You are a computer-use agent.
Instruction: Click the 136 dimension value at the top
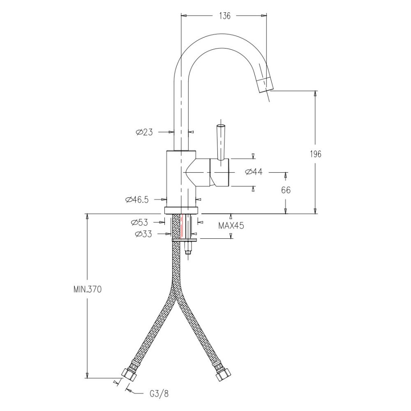click(225, 16)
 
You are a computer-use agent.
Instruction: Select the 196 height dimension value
click(315, 154)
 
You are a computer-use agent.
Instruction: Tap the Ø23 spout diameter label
click(144, 132)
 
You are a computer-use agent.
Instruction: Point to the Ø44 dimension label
click(254, 172)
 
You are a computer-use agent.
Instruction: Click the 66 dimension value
click(286, 190)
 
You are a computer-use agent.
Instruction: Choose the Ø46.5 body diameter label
click(137, 200)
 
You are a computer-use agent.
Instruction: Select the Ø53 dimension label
click(139, 222)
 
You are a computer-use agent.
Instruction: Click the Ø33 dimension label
click(143, 234)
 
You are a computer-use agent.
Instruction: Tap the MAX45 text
click(231, 225)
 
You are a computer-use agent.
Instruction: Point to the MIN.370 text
click(87, 289)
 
